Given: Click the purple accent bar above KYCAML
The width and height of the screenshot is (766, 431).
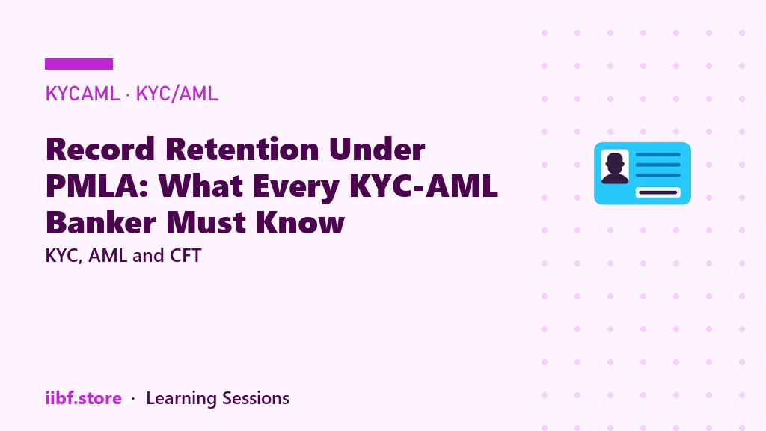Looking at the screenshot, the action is pos(79,64).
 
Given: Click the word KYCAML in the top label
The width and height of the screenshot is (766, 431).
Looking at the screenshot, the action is pos(82,94).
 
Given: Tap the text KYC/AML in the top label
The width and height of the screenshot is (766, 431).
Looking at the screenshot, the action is pos(177,94).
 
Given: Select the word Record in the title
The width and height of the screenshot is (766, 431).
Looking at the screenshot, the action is pos(100,149).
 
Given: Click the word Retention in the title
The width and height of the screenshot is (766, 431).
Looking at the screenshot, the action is pos(242,149).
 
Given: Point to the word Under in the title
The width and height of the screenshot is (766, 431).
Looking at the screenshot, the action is pos(377,149).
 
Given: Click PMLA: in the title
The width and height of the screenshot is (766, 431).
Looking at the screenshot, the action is pos(96,186).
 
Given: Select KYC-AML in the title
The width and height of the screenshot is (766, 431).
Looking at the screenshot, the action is pos(424,186).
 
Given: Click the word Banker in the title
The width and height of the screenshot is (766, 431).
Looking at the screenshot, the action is pos(101,223).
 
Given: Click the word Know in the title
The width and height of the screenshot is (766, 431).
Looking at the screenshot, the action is pos(301,223).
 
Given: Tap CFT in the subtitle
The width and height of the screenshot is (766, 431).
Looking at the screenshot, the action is pos(186,256).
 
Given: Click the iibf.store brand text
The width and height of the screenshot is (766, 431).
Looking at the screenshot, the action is pos(83,398).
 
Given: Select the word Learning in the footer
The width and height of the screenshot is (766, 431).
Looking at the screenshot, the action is pos(181,399).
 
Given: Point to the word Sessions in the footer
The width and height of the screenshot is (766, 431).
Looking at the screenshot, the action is pos(256,398).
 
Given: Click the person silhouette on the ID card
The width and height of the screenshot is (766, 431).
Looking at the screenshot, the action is pos(615,168).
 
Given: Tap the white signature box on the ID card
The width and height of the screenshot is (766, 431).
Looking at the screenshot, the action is pos(658,192).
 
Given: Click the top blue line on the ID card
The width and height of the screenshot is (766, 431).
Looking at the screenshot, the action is pos(658,154).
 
